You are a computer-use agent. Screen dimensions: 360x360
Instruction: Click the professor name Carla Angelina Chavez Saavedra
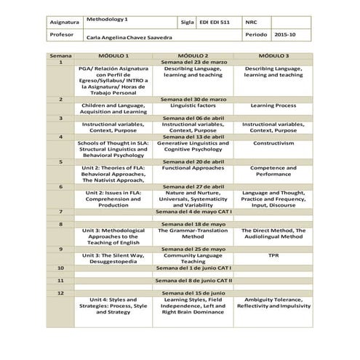[x=129, y=36]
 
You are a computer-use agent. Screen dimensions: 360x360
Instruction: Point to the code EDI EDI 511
[x=215, y=23]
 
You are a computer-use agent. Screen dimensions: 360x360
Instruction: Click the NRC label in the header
[x=252, y=23]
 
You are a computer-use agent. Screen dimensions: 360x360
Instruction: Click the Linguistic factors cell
[x=193, y=105]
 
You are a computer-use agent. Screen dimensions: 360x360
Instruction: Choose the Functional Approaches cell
[x=193, y=168]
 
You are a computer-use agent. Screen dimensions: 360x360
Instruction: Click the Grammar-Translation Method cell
[x=193, y=233]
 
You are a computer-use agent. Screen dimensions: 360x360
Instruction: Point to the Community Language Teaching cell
[x=193, y=259]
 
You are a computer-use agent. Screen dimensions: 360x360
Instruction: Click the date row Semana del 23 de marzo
[x=193, y=63]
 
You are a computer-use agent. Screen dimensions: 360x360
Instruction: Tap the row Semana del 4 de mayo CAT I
[x=193, y=211]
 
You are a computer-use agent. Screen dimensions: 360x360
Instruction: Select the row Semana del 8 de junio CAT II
[x=193, y=280]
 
